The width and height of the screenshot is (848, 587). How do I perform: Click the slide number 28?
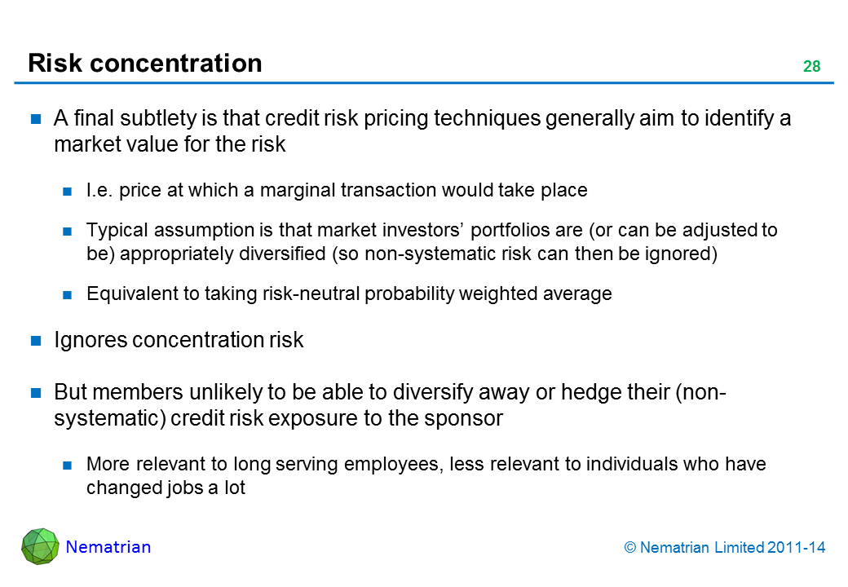pos(811,66)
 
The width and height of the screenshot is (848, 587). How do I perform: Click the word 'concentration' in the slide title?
pos(176,63)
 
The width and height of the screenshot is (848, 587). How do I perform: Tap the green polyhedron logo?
pos(40,546)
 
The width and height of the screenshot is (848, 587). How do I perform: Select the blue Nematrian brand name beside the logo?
pos(108,547)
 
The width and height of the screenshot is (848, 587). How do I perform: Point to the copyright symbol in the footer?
pos(630,548)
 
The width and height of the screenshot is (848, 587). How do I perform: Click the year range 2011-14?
pos(796,548)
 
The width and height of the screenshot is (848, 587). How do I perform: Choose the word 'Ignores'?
pos(91,340)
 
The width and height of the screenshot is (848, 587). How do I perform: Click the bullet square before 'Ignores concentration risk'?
pos(36,341)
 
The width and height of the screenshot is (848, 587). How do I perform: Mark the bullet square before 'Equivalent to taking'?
pos(67,294)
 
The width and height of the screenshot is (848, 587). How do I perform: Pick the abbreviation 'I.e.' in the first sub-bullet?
pos(99,190)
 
